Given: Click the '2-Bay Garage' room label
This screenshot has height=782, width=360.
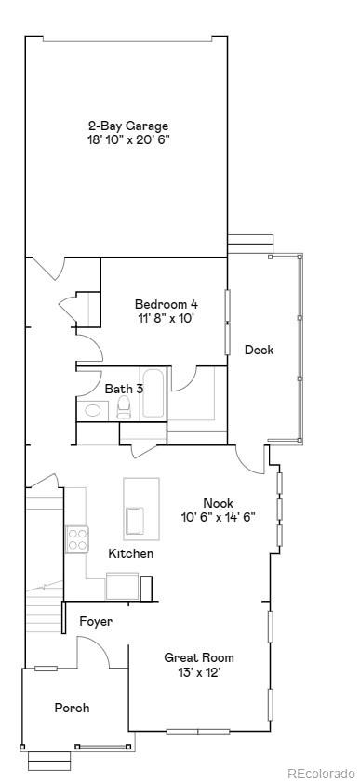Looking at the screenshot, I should click(x=128, y=126).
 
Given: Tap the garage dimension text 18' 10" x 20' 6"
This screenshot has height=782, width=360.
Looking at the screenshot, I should click(x=128, y=139).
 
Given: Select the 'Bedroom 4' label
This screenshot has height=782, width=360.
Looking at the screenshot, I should click(x=167, y=304).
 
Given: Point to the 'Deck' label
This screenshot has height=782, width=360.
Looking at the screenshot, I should click(x=259, y=350).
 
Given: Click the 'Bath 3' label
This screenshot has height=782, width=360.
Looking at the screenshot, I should click(x=124, y=389).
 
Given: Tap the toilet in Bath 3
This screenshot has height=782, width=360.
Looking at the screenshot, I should click(x=124, y=409).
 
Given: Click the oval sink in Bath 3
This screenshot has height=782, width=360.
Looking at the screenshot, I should click(x=93, y=410).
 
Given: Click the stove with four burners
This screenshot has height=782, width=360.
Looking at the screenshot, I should click(x=76, y=539).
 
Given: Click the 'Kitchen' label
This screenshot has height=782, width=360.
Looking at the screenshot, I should click(x=131, y=553).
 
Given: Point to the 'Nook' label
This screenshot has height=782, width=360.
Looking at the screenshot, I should click(x=218, y=502).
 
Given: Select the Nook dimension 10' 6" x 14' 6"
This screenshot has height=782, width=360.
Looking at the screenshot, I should click(x=219, y=517).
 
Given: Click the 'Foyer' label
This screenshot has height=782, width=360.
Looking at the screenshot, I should click(x=96, y=621).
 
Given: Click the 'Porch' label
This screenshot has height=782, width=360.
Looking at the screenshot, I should click(x=72, y=708).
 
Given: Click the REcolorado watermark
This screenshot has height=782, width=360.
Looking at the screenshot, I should click(x=320, y=773).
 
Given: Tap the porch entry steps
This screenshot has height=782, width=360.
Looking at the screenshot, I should click(x=49, y=760).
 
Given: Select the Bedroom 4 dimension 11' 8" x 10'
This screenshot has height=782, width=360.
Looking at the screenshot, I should click(x=167, y=318).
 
